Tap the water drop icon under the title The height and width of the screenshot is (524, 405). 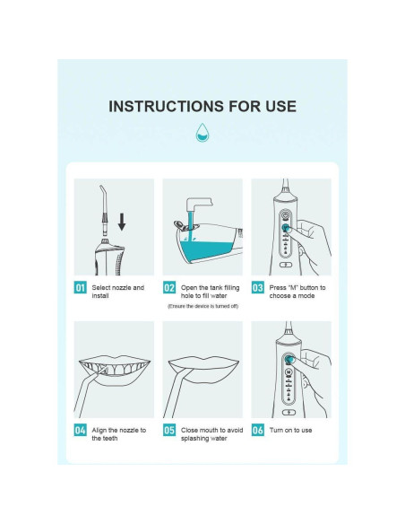click(202, 133)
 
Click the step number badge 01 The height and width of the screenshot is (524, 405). click(80, 288)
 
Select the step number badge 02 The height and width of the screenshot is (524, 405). click(169, 288)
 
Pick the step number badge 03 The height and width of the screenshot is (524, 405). click(257, 288)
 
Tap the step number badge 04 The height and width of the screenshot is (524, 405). click(80, 430)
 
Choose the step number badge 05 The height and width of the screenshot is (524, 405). click(169, 430)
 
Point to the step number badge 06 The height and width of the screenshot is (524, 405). click(257, 430)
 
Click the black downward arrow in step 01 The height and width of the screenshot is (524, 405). click(122, 222)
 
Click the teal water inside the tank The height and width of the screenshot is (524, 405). click(206, 249)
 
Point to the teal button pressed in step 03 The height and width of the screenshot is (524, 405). click(286, 228)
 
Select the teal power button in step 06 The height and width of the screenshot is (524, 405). click(289, 360)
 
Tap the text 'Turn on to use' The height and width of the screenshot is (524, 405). click(290, 430)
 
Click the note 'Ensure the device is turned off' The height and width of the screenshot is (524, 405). click(202, 306)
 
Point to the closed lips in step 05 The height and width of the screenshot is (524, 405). click(203, 370)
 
